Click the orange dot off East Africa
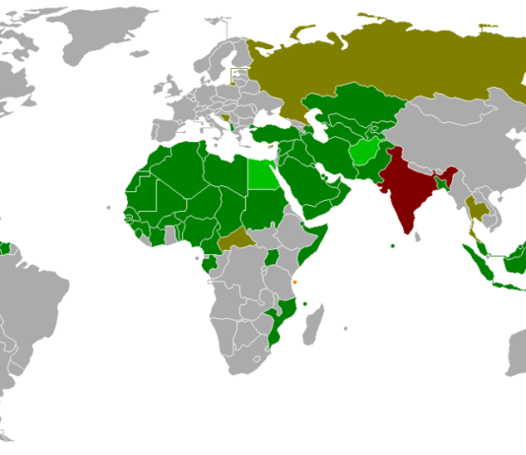pyautogui.click(x=294, y=282)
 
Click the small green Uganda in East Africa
pyautogui.click(x=272, y=258)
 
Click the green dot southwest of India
pyautogui.click(x=393, y=245)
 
